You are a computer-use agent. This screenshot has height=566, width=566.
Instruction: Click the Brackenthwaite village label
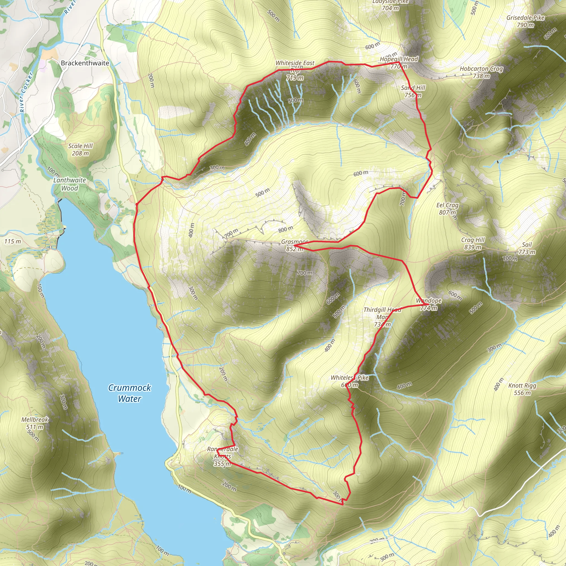[85, 63]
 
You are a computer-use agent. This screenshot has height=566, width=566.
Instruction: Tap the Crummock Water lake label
[130, 393]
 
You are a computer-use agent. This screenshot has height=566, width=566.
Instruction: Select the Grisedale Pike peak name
[525, 18]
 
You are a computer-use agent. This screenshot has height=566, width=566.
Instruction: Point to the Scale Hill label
[81, 146]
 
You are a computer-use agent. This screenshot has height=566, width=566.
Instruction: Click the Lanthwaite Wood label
[70, 184]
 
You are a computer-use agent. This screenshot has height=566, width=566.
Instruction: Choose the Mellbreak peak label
[35, 420]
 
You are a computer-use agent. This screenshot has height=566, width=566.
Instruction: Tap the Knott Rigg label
[522, 386]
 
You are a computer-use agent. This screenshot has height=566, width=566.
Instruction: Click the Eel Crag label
[447, 205]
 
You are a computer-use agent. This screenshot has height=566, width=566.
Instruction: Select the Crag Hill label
[473, 240]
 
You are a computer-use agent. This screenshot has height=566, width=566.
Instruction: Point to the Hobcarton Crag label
[481, 69]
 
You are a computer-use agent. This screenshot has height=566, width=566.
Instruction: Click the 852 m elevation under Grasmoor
[295, 249]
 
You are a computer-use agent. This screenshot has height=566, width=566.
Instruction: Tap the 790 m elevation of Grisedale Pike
[525, 25]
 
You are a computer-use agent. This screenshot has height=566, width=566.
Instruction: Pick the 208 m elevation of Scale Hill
[81, 153]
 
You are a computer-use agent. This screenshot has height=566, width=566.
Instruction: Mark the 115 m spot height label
[13, 241]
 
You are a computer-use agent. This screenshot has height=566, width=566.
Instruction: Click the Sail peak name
[527, 245]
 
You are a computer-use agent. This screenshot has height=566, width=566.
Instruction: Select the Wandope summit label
[429, 301]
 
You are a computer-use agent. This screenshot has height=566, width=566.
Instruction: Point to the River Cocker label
[26, 92]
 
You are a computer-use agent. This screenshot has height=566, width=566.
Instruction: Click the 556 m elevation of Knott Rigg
[522, 393]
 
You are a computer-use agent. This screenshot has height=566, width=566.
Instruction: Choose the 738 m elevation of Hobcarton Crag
[481, 76]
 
